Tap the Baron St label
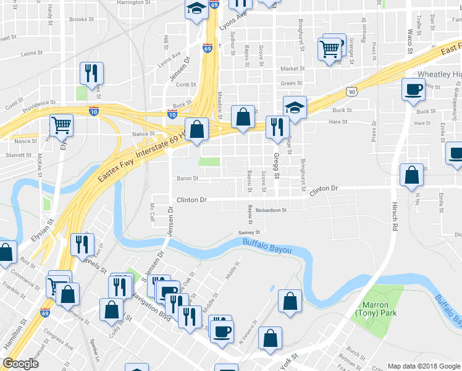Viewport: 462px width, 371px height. (x=187, y=179)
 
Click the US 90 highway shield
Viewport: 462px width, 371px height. (x=351, y=92)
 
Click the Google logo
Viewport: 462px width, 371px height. (x=21, y=364)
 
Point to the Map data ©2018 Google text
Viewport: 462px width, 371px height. (x=423, y=366)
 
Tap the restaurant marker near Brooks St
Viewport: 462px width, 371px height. (x=91, y=74)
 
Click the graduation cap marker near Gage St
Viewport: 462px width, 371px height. (x=295, y=108)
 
